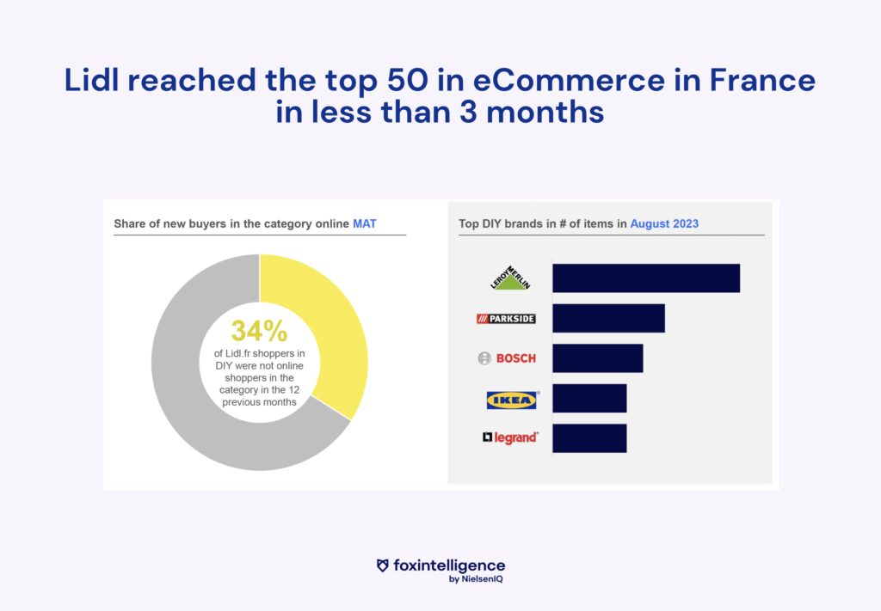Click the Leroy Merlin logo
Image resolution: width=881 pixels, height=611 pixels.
510,278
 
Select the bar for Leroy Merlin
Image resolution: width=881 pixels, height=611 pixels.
646,278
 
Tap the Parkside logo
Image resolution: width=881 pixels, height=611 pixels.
506,319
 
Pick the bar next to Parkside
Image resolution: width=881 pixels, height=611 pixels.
608,318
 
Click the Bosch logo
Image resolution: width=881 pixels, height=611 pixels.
507,358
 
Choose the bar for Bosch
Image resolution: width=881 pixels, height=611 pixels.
598,358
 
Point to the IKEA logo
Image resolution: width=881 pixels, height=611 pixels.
512,400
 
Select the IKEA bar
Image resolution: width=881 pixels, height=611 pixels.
589,399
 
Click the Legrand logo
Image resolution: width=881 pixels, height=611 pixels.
511,437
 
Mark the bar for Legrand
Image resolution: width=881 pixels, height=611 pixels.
589,438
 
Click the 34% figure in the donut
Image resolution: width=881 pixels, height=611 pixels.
260,331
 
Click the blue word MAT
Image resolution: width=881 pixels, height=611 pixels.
365,224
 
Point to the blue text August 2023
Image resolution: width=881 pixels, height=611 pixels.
664,224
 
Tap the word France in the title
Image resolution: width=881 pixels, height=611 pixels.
762,80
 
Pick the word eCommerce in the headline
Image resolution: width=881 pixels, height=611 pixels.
570,80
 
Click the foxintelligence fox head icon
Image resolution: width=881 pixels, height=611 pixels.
383,565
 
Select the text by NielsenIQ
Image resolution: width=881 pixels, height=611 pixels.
476,579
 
